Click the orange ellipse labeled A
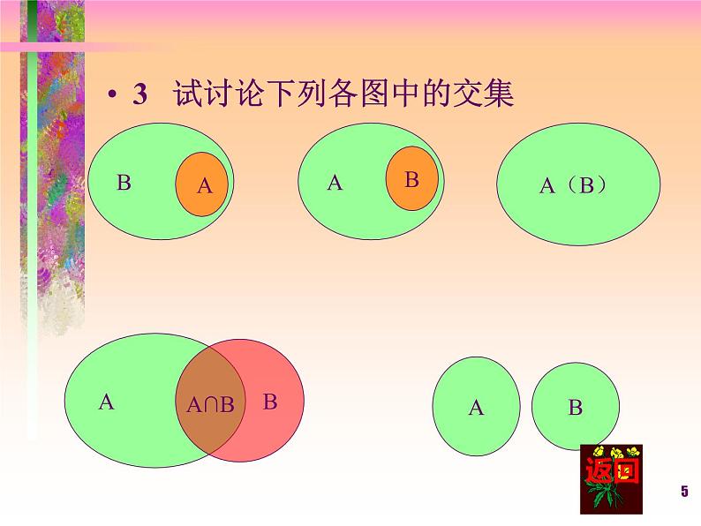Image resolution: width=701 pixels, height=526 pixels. [202, 185]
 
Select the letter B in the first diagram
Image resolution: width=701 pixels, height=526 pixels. [124, 184]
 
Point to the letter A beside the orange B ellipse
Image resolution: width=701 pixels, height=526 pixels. [334, 183]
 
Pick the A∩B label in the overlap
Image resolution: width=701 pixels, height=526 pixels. [211, 405]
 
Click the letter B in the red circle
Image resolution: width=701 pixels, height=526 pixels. [270, 402]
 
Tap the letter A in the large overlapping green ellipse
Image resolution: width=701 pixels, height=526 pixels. [107, 402]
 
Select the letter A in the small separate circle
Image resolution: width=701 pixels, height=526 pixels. [476, 408]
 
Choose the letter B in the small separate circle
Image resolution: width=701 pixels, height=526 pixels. [575, 408]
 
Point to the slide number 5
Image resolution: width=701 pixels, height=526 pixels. [683, 492]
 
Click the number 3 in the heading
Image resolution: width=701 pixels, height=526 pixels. [139, 95]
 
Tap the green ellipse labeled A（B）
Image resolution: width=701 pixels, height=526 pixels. [578, 212]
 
